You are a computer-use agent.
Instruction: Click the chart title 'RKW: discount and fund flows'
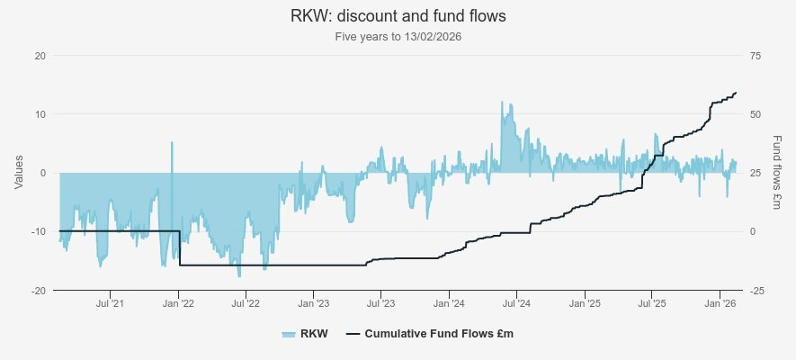click(x=398, y=16)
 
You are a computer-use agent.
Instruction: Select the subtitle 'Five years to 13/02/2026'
click(x=398, y=37)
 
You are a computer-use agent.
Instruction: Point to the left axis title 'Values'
click(x=19, y=172)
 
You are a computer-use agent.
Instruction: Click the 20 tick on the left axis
click(x=40, y=56)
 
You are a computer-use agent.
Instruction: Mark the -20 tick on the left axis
click(x=38, y=291)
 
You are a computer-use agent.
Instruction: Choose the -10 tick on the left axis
click(x=38, y=232)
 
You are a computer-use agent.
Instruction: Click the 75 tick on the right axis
click(x=755, y=56)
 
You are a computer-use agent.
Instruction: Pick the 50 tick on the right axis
click(x=755, y=114)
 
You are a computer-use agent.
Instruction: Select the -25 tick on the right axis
click(x=756, y=291)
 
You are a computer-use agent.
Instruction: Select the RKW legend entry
click(x=305, y=334)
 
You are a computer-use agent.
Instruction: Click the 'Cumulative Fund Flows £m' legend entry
click(x=428, y=334)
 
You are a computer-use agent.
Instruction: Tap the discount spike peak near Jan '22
click(x=171, y=142)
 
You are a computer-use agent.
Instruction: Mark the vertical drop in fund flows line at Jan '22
click(x=179, y=248)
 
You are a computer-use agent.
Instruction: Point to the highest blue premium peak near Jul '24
click(x=501, y=103)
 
